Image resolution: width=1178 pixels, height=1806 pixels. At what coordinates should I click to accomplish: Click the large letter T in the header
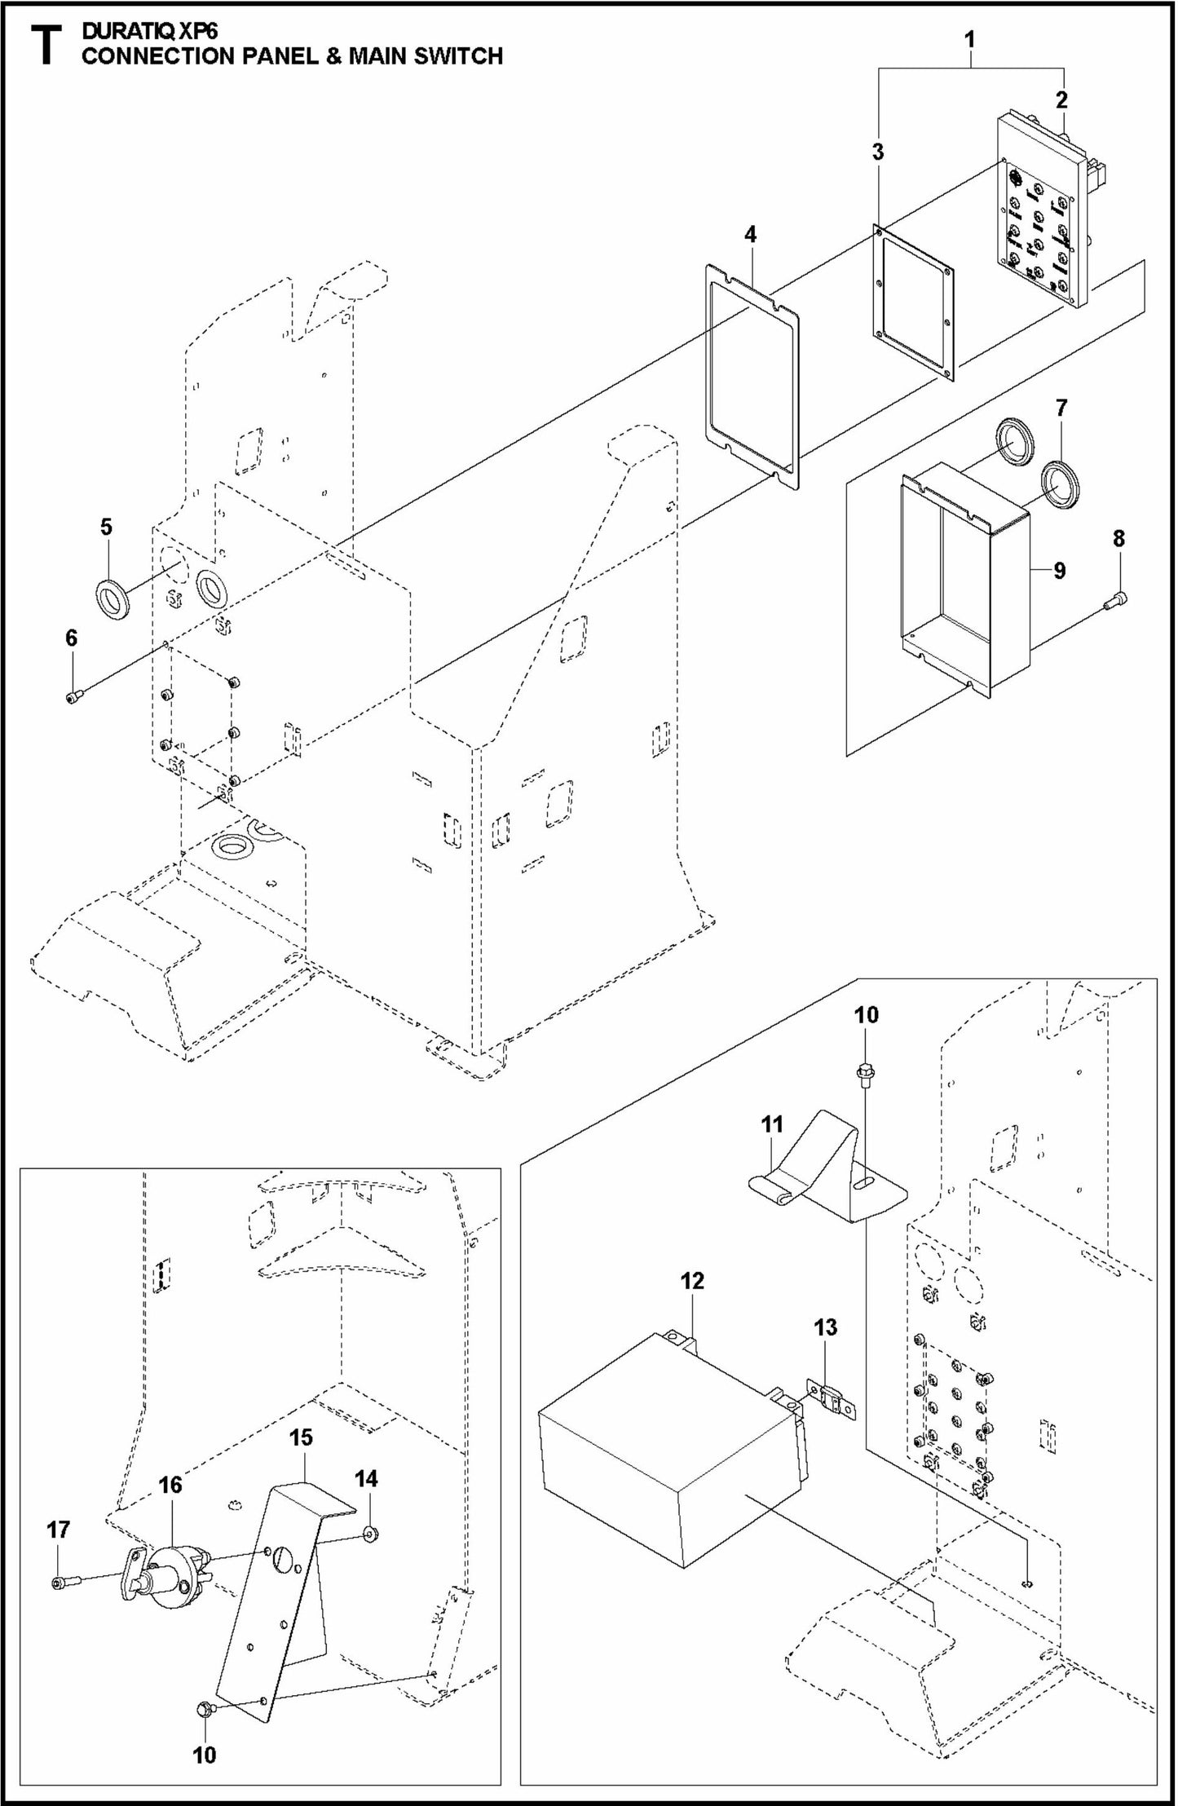(x=46, y=46)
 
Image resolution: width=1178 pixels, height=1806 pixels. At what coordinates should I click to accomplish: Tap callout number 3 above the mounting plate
(x=877, y=152)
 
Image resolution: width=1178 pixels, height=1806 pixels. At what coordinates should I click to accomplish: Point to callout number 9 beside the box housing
(x=1059, y=570)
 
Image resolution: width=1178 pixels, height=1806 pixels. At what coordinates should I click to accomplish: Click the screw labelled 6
(x=74, y=695)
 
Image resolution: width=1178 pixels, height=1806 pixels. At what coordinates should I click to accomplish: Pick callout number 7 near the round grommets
(x=1061, y=408)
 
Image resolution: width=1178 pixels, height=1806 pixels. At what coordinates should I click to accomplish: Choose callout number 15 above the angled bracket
(x=301, y=1437)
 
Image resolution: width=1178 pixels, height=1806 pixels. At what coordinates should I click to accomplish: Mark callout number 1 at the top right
(x=968, y=39)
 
